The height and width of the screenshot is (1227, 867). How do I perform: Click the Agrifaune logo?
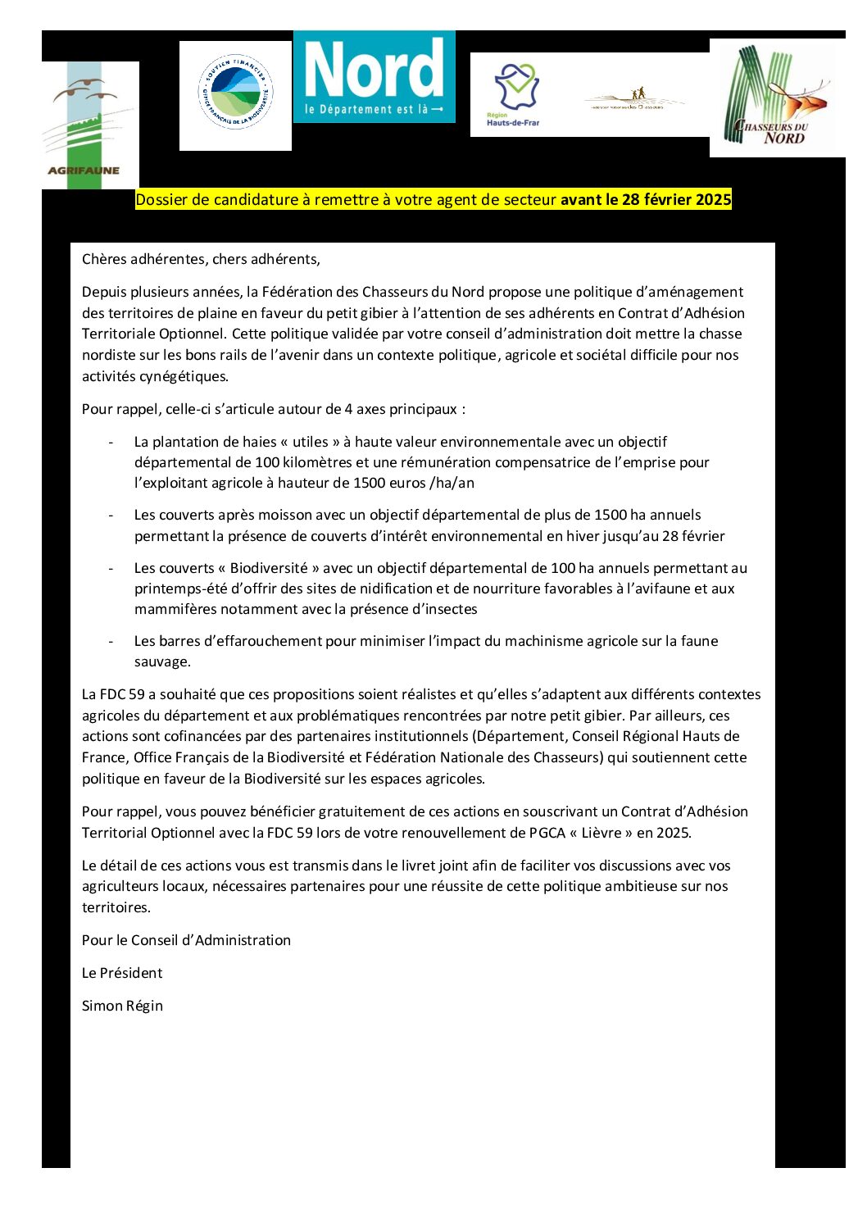90,125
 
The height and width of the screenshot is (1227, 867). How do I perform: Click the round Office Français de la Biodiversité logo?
235,96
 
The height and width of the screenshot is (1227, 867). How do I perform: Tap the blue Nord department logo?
374,77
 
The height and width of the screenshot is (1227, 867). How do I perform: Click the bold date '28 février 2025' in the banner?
676,200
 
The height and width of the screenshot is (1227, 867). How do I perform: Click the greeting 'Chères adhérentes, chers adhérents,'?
201,259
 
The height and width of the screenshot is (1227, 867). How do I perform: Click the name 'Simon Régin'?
122,1006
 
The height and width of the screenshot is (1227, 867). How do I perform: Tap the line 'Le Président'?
122,973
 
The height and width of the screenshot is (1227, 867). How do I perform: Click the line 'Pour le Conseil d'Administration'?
186,940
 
